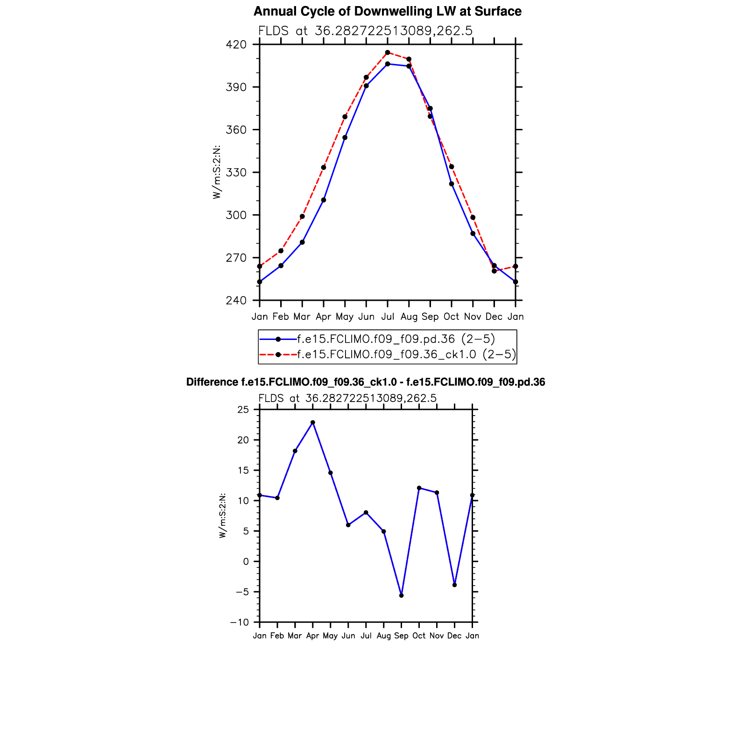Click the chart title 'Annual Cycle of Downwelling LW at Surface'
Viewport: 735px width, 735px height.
click(x=387, y=12)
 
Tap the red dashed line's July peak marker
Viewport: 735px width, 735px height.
click(x=388, y=52)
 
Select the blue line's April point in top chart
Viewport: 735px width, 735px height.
click(x=324, y=200)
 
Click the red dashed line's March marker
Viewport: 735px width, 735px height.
click(x=302, y=217)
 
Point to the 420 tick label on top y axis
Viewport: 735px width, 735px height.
click(x=236, y=45)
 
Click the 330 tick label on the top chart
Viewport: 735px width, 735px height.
click(x=236, y=173)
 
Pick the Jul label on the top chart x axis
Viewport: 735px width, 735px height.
click(x=388, y=317)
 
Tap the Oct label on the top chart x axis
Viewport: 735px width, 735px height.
click(x=451, y=317)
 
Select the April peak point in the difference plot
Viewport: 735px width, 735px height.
click(x=313, y=423)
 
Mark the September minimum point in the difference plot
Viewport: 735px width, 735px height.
click(x=401, y=595)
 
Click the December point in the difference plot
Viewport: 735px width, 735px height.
click(x=454, y=585)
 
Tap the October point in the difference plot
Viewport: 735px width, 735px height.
click(x=419, y=488)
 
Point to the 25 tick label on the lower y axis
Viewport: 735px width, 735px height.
click(x=243, y=410)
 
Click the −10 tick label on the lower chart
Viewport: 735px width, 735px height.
click(x=240, y=622)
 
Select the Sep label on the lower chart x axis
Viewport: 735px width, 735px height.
click(x=401, y=636)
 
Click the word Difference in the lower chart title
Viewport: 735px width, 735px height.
click(x=212, y=382)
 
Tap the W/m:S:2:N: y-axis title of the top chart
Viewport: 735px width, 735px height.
click(x=217, y=173)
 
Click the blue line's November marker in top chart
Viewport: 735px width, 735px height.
click(x=473, y=233)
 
